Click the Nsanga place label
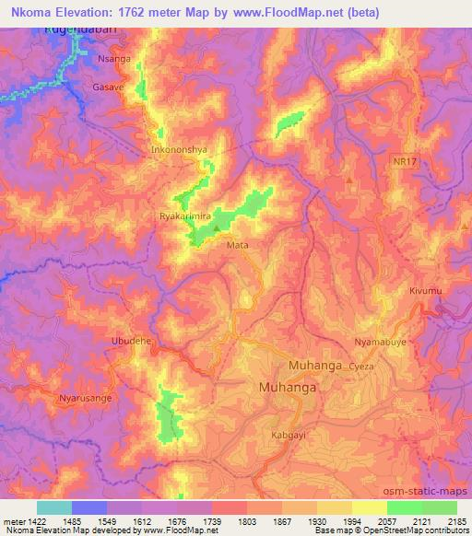point(114,57)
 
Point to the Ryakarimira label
point(185,217)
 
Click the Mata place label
point(236,246)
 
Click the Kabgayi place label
point(287,434)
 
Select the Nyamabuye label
point(379,342)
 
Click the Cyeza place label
point(360,366)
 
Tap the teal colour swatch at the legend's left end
point(54,507)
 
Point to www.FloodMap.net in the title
point(286,11)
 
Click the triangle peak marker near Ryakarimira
point(217,225)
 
